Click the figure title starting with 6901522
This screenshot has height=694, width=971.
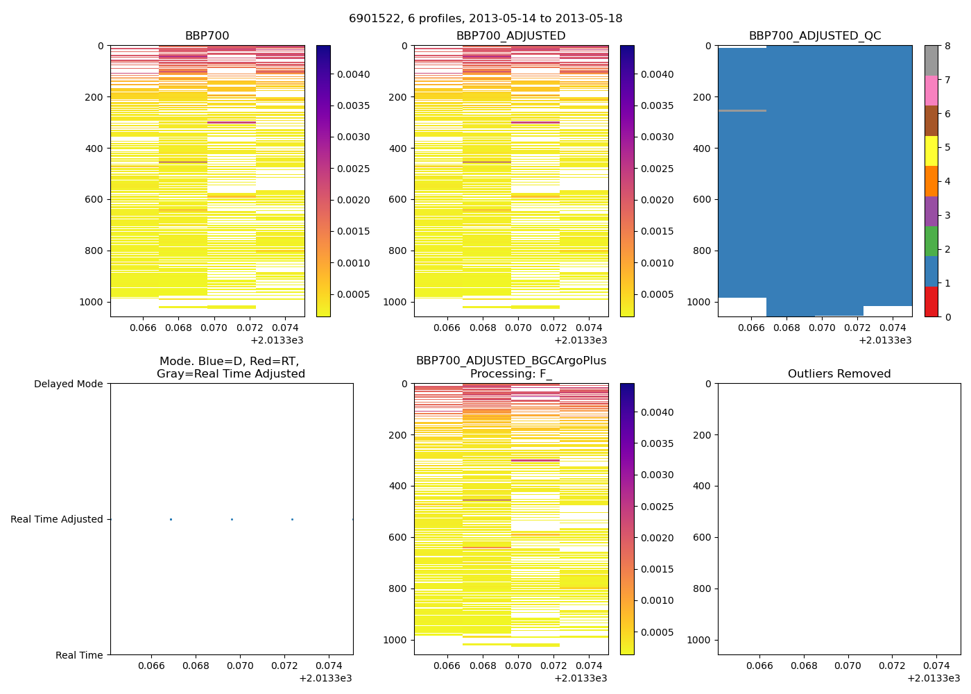coord(486,19)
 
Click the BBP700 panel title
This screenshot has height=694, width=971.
coord(207,36)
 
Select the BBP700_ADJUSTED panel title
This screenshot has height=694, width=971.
coord(510,36)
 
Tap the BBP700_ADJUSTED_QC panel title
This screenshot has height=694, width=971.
coord(815,36)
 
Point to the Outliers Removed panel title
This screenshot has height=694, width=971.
coord(839,374)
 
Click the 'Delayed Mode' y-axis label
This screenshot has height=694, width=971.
coord(68,384)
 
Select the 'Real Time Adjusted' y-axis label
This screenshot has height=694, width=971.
coord(56,519)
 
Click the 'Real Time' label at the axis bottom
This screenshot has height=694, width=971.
coord(79,655)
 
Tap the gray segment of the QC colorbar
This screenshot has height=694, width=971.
coord(931,60)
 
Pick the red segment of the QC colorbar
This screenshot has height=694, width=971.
coord(931,302)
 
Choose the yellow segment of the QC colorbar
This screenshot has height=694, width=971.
coord(931,151)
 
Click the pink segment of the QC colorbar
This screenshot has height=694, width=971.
coord(931,91)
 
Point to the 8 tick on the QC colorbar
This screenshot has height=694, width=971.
coord(947,46)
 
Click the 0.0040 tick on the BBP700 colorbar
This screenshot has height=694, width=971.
coord(354,74)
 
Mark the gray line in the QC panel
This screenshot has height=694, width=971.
coord(742,110)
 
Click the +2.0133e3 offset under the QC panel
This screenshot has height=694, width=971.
coord(885,340)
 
